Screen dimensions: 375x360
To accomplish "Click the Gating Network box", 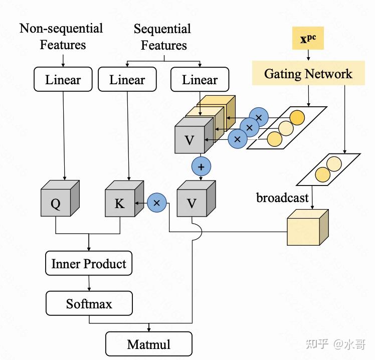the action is tap(308, 73).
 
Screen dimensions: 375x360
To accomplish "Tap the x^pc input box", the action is tap(308, 38).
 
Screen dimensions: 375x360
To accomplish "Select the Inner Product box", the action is tap(89, 263).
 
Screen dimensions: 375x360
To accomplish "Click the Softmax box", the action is tap(89, 303).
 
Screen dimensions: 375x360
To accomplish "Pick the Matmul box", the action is tap(149, 344).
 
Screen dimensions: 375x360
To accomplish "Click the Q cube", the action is tap(60, 198).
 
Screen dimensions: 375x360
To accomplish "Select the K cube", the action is tap(124, 199).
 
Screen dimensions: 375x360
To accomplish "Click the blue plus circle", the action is tap(201, 166).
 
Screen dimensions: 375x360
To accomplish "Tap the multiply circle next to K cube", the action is tap(156, 203).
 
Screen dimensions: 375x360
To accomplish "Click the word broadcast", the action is tap(282, 198).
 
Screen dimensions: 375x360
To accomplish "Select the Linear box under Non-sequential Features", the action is tap(63, 79).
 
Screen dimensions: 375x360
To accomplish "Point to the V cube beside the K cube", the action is tap(197, 199).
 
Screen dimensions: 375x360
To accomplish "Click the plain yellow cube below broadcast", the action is tap(308, 228).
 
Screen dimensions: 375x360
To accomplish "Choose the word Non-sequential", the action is tap(61, 29).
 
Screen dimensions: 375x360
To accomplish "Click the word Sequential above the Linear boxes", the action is tap(162, 29).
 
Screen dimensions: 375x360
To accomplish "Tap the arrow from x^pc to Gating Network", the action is tap(308, 55).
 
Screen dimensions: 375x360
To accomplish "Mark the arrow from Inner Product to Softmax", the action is tap(89, 283).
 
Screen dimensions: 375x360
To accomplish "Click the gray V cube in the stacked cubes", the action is tap(194, 135).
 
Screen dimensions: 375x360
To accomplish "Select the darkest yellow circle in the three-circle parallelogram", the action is tap(297, 118).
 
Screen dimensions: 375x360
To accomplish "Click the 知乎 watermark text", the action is tap(317, 344).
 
